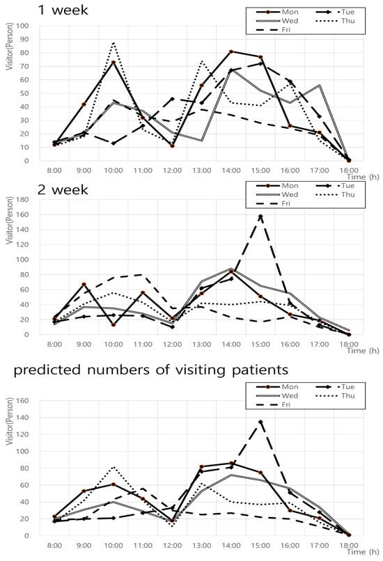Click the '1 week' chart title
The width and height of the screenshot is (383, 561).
click(x=63, y=10)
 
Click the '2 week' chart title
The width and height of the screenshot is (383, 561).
click(x=63, y=189)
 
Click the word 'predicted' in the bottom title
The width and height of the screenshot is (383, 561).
click(x=47, y=370)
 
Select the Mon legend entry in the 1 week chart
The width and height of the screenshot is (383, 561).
click(x=277, y=12)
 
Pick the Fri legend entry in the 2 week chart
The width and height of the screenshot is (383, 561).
click(x=274, y=203)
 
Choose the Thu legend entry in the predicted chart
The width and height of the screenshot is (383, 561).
click(x=336, y=395)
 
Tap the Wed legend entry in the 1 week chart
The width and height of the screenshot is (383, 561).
click(x=277, y=21)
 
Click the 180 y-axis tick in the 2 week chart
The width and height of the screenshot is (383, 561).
click(x=22, y=199)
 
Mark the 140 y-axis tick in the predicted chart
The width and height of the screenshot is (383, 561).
click(x=22, y=418)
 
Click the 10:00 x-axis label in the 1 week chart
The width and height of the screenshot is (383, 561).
click(x=114, y=171)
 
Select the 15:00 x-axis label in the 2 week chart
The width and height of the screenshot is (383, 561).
click(x=260, y=344)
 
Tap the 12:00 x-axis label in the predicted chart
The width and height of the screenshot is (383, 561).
click(x=172, y=545)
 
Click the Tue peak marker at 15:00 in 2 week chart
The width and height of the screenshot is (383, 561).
click(x=260, y=216)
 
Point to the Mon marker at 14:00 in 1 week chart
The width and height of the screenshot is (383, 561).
click(x=231, y=52)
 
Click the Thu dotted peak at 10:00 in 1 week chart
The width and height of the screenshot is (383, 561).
click(x=114, y=42)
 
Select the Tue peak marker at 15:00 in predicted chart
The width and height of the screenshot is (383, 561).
click(x=260, y=422)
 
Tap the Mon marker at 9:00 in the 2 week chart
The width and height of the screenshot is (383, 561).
click(x=84, y=285)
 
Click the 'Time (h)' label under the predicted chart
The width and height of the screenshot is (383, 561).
click(x=363, y=551)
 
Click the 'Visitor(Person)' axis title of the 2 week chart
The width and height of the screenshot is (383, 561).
click(x=10, y=221)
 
